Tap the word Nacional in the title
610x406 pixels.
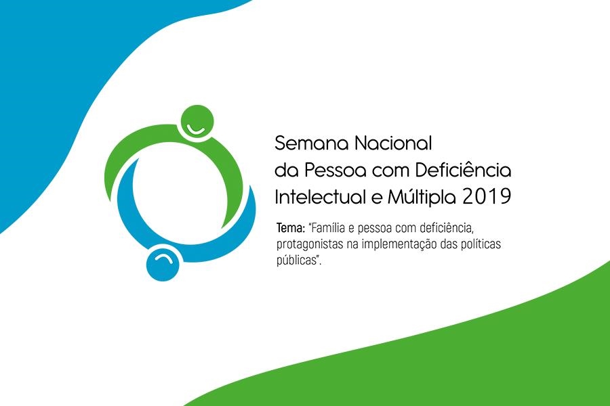393,143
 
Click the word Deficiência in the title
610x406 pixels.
463,169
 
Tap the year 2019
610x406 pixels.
486,197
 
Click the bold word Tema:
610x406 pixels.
291,227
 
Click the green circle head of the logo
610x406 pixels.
197,121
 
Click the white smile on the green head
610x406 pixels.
195,130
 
